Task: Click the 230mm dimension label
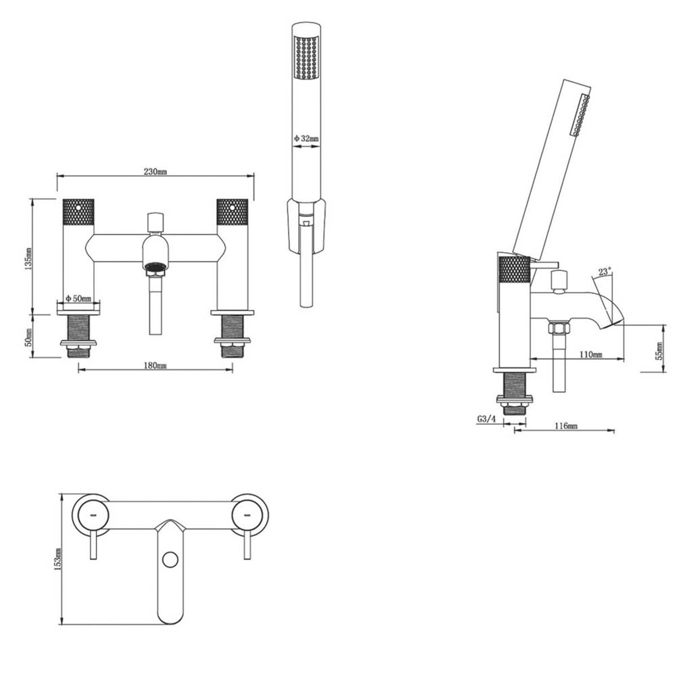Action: [x=155, y=172]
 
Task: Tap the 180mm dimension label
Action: [x=155, y=366]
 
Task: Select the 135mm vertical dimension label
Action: [x=29, y=258]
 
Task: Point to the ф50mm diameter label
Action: [x=78, y=298]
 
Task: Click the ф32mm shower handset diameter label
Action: [x=306, y=138]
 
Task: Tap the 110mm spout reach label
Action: [x=591, y=354]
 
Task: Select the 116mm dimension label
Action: [x=566, y=426]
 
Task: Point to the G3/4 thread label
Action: [x=486, y=419]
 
